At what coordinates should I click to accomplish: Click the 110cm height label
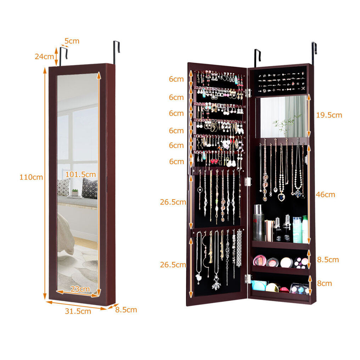pos(31,177)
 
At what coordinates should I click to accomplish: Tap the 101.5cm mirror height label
pos(80,174)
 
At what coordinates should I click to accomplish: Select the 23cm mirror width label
pos(80,289)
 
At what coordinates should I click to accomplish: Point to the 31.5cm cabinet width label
pos(78,311)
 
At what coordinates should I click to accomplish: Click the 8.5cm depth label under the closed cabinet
pos(126,310)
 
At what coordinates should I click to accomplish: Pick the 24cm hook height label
pos(44,56)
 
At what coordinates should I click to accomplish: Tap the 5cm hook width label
pos(72,41)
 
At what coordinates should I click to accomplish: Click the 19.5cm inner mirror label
pos(329,115)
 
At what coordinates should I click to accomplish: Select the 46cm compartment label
pos(325,195)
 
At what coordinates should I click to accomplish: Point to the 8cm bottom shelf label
pos(325,283)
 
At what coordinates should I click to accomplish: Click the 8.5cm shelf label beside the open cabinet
pos(328,260)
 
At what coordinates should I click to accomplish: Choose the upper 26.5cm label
pos(173,202)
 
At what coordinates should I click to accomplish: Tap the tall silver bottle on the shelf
pos(259,223)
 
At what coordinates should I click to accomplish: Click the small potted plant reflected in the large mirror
pos(75,192)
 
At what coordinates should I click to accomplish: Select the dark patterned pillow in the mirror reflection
pos(90,188)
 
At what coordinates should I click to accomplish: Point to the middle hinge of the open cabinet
pos(247,181)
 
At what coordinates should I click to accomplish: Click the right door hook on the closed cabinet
pos(116,52)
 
